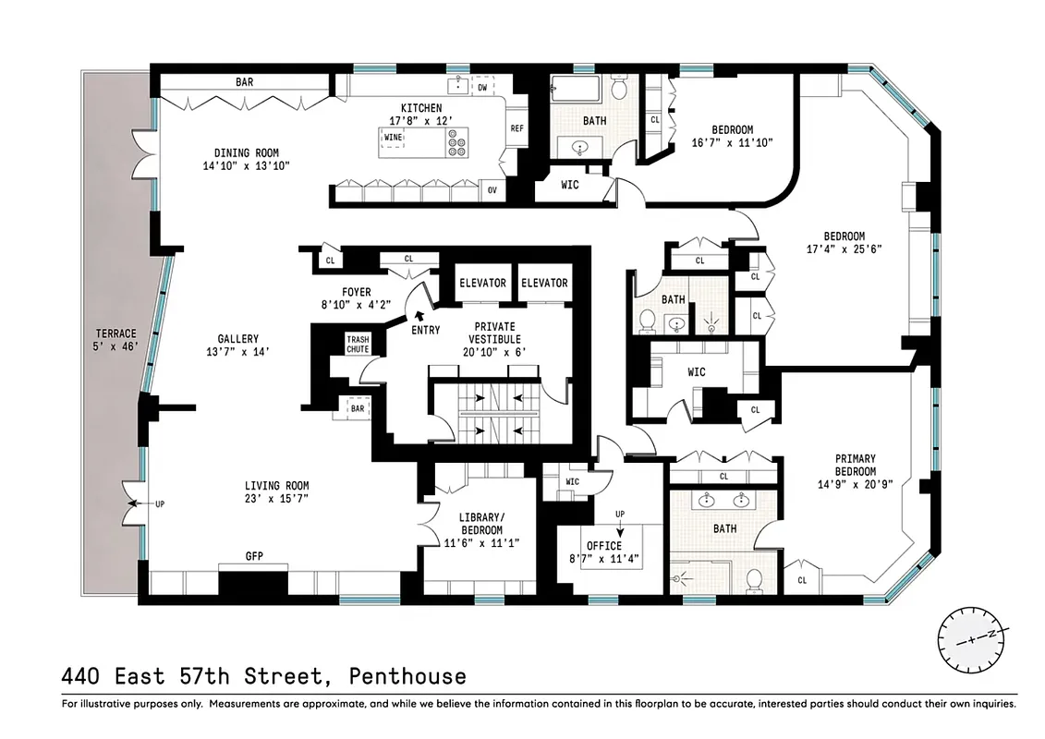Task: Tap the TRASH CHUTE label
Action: coord(358,345)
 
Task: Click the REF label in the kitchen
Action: coord(517,129)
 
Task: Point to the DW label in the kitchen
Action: coord(482,88)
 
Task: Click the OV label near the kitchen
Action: coord(492,191)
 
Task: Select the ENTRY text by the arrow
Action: coord(425,330)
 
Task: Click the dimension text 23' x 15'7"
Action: coord(276,499)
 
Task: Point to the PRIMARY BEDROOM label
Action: coord(855,465)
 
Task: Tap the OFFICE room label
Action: coord(603,546)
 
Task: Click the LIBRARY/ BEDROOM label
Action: coord(480,524)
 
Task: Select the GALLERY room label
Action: coord(238,339)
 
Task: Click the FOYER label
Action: coord(356,293)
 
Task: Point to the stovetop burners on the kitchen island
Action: coord(456,142)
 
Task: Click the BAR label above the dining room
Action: coord(244,82)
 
